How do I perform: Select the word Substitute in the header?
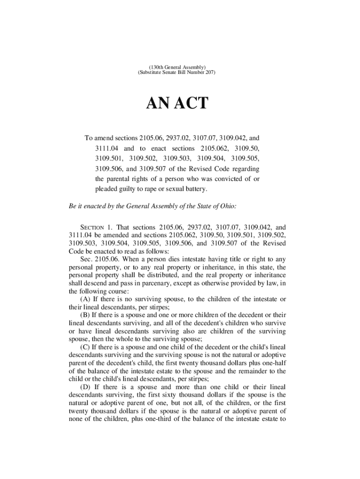tap(150, 73)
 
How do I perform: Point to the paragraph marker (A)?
tap(85, 298)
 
